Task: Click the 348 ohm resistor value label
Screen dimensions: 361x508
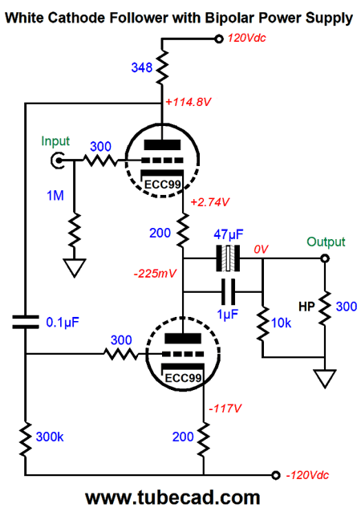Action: click(141, 67)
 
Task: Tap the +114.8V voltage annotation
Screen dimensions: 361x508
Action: click(188, 102)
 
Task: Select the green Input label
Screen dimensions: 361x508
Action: click(55, 141)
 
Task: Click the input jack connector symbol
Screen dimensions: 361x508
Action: click(57, 161)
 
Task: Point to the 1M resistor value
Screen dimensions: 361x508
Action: click(55, 196)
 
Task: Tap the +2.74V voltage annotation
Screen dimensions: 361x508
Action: click(210, 202)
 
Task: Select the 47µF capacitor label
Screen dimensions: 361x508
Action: click(229, 234)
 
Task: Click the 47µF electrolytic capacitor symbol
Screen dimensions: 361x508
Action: click(229, 258)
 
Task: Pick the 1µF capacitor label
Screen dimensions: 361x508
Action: click(228, 314)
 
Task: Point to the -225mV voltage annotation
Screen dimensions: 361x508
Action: click(155, 274)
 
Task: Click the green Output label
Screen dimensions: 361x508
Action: click(326, 242)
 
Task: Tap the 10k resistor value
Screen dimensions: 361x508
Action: click(281, 323)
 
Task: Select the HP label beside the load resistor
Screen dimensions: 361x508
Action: click(306, 307)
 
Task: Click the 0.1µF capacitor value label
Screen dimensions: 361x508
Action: click(63, 323)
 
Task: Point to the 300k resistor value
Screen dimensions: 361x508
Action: click(50, 437)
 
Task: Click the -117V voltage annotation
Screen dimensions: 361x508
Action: click(225, 408)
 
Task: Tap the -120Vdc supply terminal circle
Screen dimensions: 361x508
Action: click(275, 475)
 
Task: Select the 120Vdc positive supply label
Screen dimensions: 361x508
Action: click(247, 39)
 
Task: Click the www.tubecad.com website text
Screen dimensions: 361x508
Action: click(172, 498)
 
